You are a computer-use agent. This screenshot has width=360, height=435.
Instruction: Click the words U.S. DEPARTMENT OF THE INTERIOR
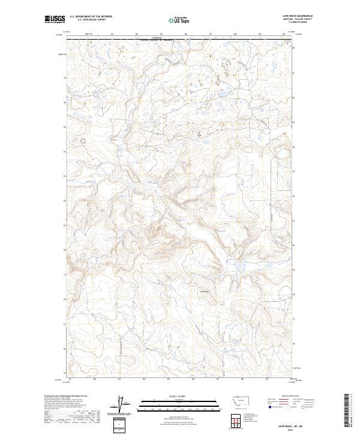pyautogui.click(x=91, y=17)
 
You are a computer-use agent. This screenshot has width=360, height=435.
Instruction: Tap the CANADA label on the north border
pyautogui.click(x=157, y=38)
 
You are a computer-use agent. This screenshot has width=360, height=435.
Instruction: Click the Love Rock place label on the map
pyautogui.click(x=203, y=292)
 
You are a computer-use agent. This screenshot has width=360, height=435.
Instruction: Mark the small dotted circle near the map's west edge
pyautogui.click(x=83, y=140)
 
